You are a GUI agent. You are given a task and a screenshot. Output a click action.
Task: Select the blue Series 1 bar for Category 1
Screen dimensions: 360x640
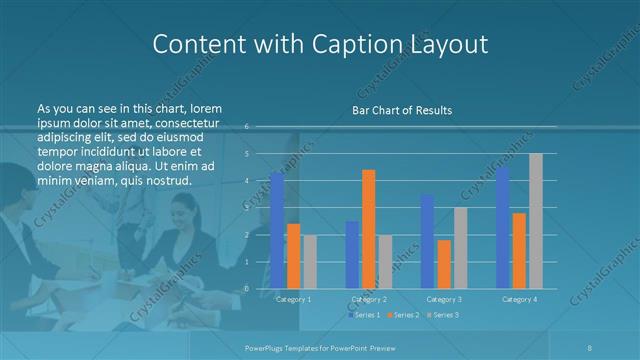click(x=277, y=230)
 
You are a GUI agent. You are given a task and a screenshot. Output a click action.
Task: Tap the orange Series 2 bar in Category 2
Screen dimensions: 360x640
click(x=369, y=229)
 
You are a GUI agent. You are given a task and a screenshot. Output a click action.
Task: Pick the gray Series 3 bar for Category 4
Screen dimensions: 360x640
click(x=536, y=221)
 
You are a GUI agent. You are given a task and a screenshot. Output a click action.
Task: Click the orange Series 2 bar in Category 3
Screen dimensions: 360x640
click(x=444, y=264)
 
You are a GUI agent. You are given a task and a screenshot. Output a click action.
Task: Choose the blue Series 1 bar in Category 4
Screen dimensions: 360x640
click(x=503, y=228)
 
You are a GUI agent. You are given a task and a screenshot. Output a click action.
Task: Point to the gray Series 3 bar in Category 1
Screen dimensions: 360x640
click(x=310, y=262)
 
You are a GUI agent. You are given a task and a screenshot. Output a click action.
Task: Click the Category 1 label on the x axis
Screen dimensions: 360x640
click(x=293, y=299)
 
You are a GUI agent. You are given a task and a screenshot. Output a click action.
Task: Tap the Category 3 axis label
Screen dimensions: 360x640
click(x=444, y=299)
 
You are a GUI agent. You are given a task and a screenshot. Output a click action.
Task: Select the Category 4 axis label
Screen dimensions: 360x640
click(x=519, y=299)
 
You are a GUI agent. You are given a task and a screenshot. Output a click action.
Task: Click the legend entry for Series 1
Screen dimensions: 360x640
click(x=364, y=315)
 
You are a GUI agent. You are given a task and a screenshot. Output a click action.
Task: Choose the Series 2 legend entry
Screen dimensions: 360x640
click(x=403, y=315)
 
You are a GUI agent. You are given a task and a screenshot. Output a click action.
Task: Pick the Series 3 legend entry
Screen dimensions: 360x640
click(x=443, y=315)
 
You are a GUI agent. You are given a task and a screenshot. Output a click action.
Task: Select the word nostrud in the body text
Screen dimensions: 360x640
click(x=166, y=180)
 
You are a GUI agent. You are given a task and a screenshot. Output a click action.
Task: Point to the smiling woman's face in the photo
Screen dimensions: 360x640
click(x=184, y=212)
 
